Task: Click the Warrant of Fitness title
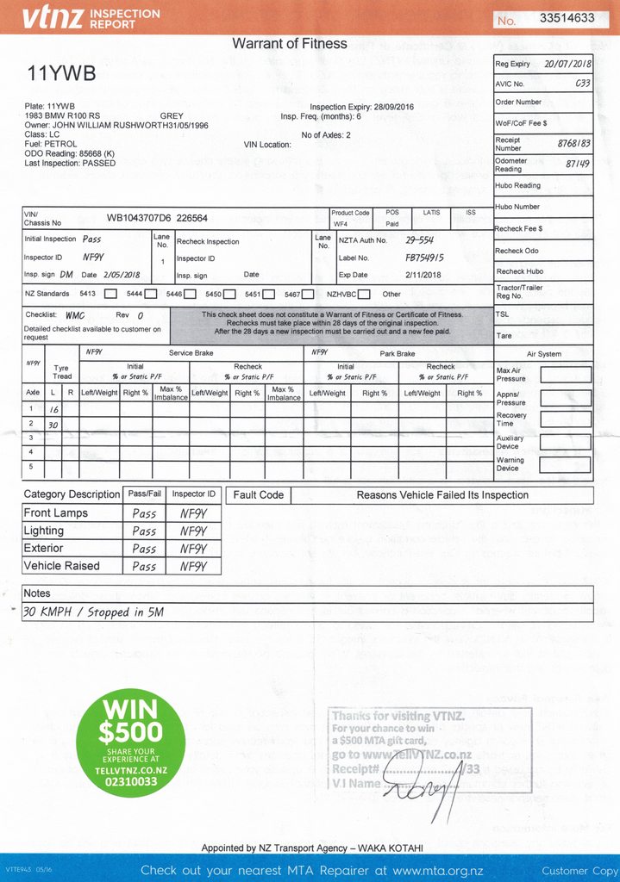click(290, 44)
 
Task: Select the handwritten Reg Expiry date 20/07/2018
click(567, 64)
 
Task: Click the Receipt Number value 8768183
click(573, 144)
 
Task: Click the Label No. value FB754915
click(424, 258)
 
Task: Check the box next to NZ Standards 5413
click(110, 295)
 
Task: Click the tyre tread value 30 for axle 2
click(53, 424)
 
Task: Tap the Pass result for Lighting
click(144, 531)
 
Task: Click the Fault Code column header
click(258, 495)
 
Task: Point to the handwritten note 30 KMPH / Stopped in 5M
click(93, 612)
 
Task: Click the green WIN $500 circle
click(131, 732)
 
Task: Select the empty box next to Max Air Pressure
click(565, 375)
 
